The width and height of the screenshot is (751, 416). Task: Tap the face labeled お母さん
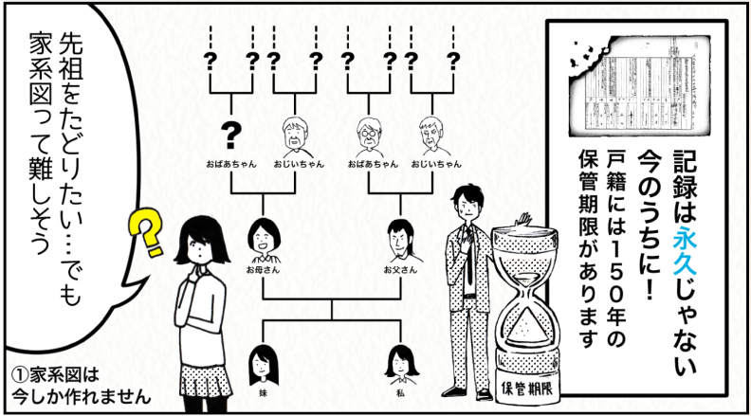[262, 238]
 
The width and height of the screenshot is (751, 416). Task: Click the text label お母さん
[262, 270]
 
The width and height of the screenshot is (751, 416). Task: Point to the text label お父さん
[399, 270]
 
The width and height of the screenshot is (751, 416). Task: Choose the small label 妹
[263, 389]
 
